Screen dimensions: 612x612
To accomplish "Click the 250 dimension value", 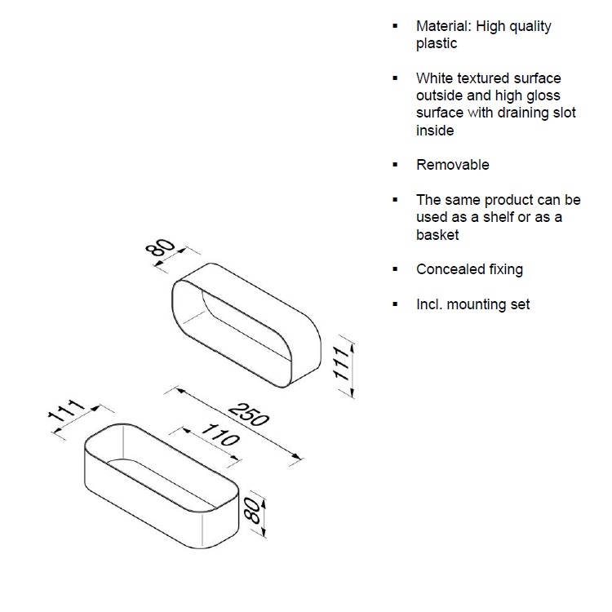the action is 249,415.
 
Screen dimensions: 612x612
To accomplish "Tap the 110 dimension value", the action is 220,435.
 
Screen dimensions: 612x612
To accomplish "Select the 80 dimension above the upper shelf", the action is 160,247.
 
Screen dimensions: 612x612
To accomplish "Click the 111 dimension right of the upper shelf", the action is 341,363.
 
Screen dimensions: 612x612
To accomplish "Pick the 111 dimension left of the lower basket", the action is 66,411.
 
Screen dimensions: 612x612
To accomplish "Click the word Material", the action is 444,26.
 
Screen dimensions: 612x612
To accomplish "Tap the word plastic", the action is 437,44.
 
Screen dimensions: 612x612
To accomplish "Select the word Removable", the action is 453,165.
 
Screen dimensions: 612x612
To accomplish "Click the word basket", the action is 437,234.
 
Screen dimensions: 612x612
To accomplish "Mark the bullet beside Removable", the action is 396,165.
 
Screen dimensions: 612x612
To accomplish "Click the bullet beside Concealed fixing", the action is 396,269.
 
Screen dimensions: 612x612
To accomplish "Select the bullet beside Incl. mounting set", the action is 396,304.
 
